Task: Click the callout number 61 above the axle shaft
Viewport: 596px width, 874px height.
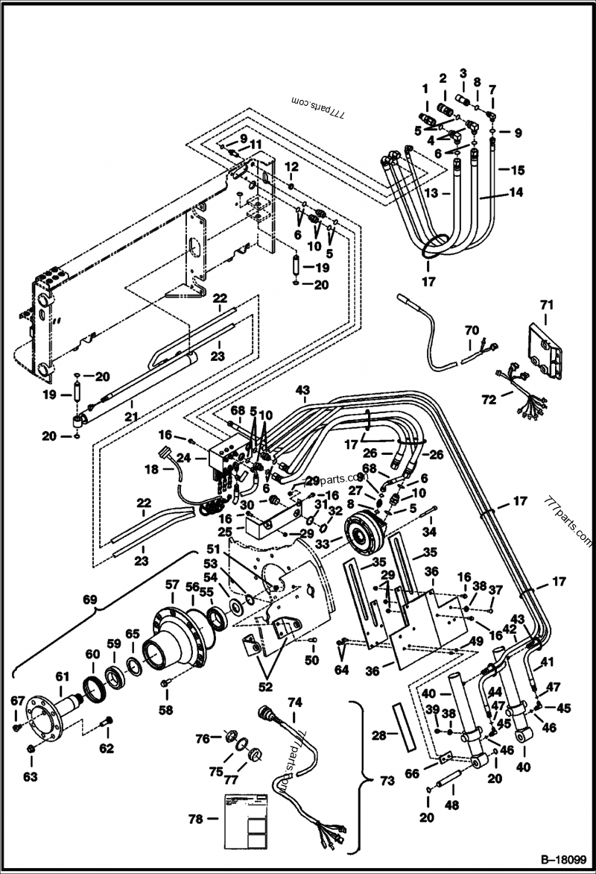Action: [61, 676]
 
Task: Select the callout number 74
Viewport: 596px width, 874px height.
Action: [296, 702]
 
